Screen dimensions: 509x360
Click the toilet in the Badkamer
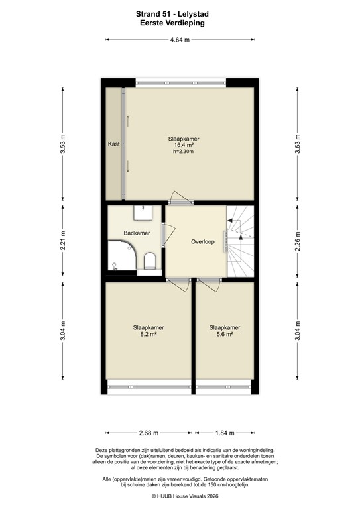click(149, 262)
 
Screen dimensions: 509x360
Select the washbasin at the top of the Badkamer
click(143, 213)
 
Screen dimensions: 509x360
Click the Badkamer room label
click(137, 233)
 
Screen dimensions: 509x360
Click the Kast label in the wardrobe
click(114, 144)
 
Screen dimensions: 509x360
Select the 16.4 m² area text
click(184, 145)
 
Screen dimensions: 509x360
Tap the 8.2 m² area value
click(148, 335)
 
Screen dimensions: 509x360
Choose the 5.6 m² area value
click(225, 335)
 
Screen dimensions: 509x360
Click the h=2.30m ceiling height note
click(184, 152)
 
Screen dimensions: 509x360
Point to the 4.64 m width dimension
click(180, 40)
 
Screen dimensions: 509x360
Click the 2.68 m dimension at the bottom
click(149, 433)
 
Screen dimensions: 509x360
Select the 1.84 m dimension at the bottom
click(224, 433)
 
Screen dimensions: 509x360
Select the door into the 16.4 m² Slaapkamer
click(180, 198)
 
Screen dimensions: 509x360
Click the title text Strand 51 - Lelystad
click(180, 13)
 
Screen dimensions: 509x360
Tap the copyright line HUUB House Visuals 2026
click(180, 495)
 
